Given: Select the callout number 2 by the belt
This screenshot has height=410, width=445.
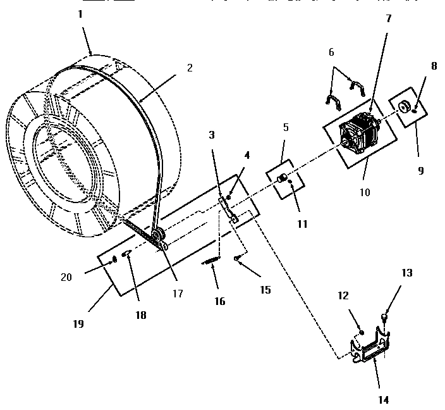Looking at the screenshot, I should pyautogui.click(x=190, y=67).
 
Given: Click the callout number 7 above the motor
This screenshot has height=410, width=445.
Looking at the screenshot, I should pyautogui.click(x=388, y=18).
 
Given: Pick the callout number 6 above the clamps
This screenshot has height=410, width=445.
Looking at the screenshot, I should pyautogui.click(x=331, y=53).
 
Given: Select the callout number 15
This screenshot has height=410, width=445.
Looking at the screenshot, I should pyautogui.click(x=264, y=290).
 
